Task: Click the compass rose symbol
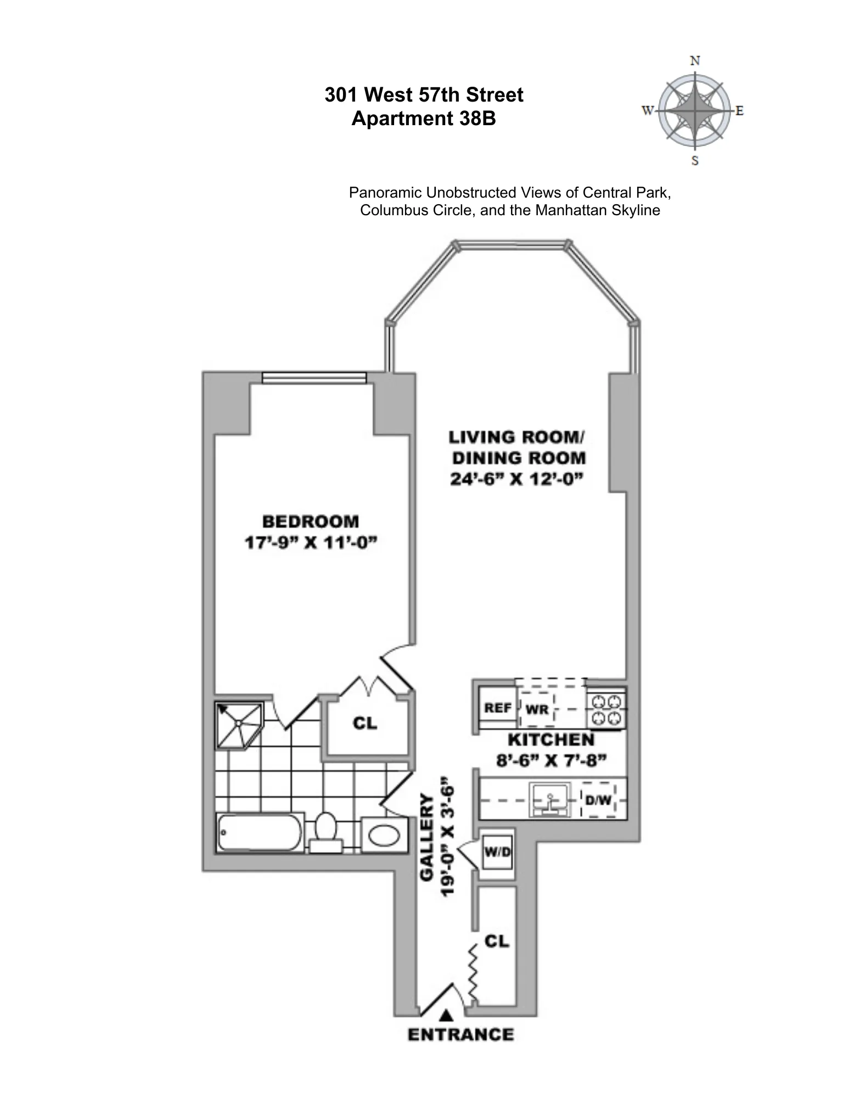[694, 111]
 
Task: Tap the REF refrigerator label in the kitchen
[498, 708]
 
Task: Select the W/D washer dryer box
[497, 852]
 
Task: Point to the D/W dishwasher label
[598, 800]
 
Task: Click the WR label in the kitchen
[537, 709]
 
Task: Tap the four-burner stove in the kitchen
[606, 709]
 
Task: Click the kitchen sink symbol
[550, 801]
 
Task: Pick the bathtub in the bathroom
[259, 832]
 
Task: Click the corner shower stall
[239, 725]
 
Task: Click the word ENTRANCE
[460, 1034]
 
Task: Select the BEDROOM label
[311, 521]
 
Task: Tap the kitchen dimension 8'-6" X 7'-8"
[551, 761]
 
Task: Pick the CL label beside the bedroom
[365, 723]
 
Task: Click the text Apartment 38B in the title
[423, 119]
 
